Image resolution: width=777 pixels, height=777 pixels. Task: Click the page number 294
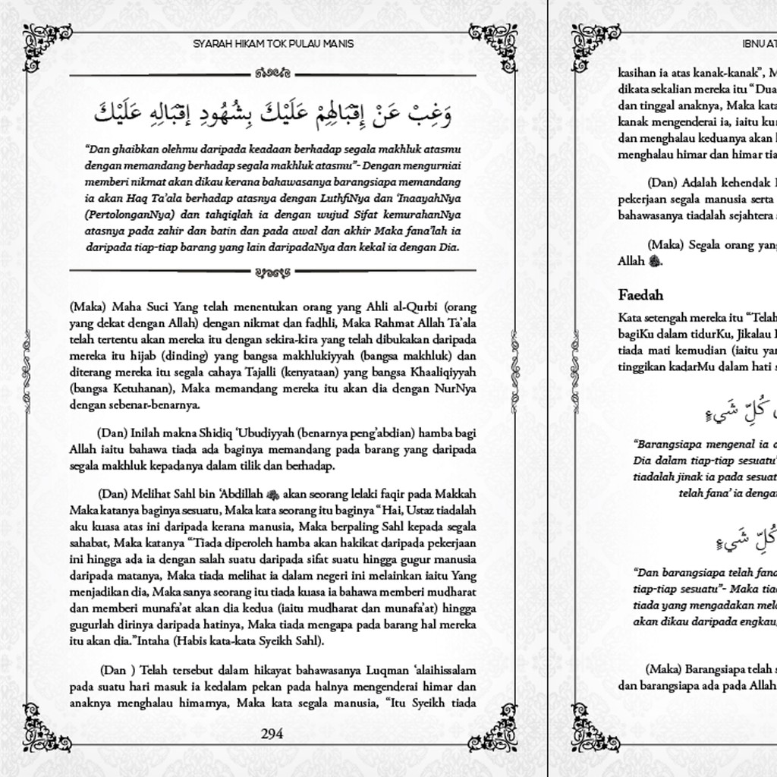[272, 734]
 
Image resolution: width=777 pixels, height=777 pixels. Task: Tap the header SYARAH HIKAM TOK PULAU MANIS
[273, 44]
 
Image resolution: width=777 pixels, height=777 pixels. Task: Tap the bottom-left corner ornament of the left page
[47, 726]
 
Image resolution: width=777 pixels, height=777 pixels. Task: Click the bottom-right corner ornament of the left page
[494, 726]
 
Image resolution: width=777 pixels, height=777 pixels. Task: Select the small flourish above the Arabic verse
[272, 74]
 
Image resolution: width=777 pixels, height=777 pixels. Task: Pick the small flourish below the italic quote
[272, 270]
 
